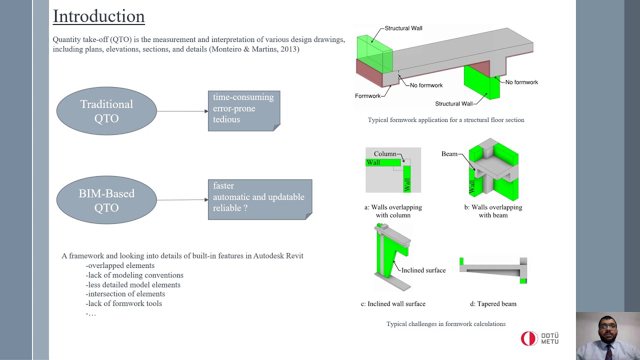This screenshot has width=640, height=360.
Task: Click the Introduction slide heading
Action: [98, 16]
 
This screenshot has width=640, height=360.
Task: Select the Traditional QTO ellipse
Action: [106, 111]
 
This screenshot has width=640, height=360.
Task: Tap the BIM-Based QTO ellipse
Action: [106, 200]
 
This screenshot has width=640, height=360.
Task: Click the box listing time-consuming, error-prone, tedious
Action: [243, 111]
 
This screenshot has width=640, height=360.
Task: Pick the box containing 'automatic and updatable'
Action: [259, 199]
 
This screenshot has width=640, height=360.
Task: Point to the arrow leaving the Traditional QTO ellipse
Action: [182, 111]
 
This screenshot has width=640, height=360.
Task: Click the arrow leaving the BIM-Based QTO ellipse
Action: [182, 200]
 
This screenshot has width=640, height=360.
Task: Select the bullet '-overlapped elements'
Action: [120, 265]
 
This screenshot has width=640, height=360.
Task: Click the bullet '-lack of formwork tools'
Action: [123, 303]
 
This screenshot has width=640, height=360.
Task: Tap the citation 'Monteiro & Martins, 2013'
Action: [254, 49]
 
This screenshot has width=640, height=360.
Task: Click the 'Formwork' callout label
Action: [367, 96]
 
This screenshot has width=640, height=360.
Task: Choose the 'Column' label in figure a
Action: [384, 154]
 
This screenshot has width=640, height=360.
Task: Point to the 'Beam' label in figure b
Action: [449, 154]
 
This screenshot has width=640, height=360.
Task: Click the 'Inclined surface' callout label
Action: [423, 270]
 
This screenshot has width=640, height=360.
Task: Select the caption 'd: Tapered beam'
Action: [493, 304]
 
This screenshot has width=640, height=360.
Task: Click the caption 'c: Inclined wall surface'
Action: [393, 304]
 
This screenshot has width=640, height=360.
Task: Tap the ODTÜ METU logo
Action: [539, 338]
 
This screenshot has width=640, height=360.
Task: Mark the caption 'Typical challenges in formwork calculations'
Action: [445, 324]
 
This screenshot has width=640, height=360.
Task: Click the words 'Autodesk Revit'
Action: [278, 256]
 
